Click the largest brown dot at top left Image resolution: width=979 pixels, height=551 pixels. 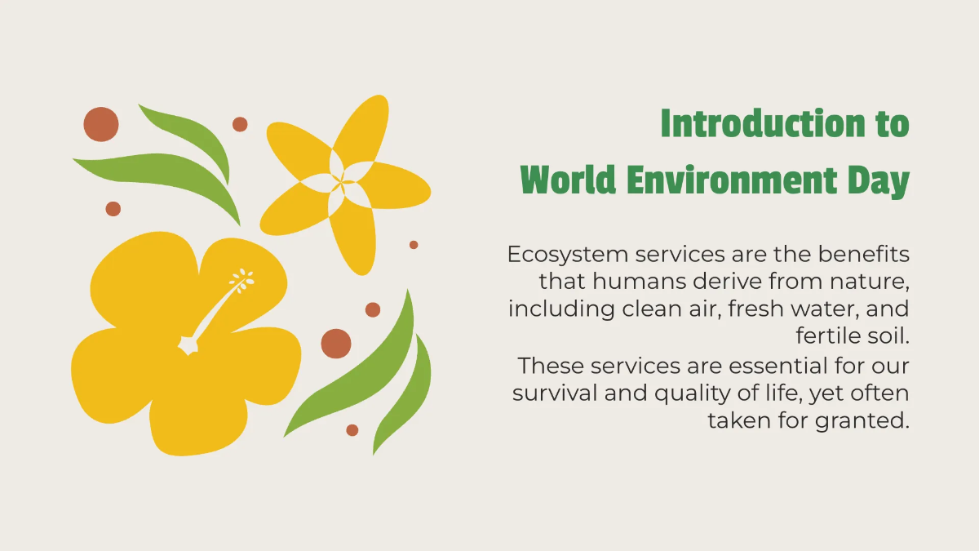coord(101,124)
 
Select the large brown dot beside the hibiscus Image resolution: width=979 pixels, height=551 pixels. coord(336,344)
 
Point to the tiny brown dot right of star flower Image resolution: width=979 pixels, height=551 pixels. coord(414,245)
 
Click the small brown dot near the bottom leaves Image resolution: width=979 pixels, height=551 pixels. coord(352,430)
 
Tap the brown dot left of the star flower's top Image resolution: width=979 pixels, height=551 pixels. coord(240,124)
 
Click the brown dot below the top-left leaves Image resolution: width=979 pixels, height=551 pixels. coord(113,209)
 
